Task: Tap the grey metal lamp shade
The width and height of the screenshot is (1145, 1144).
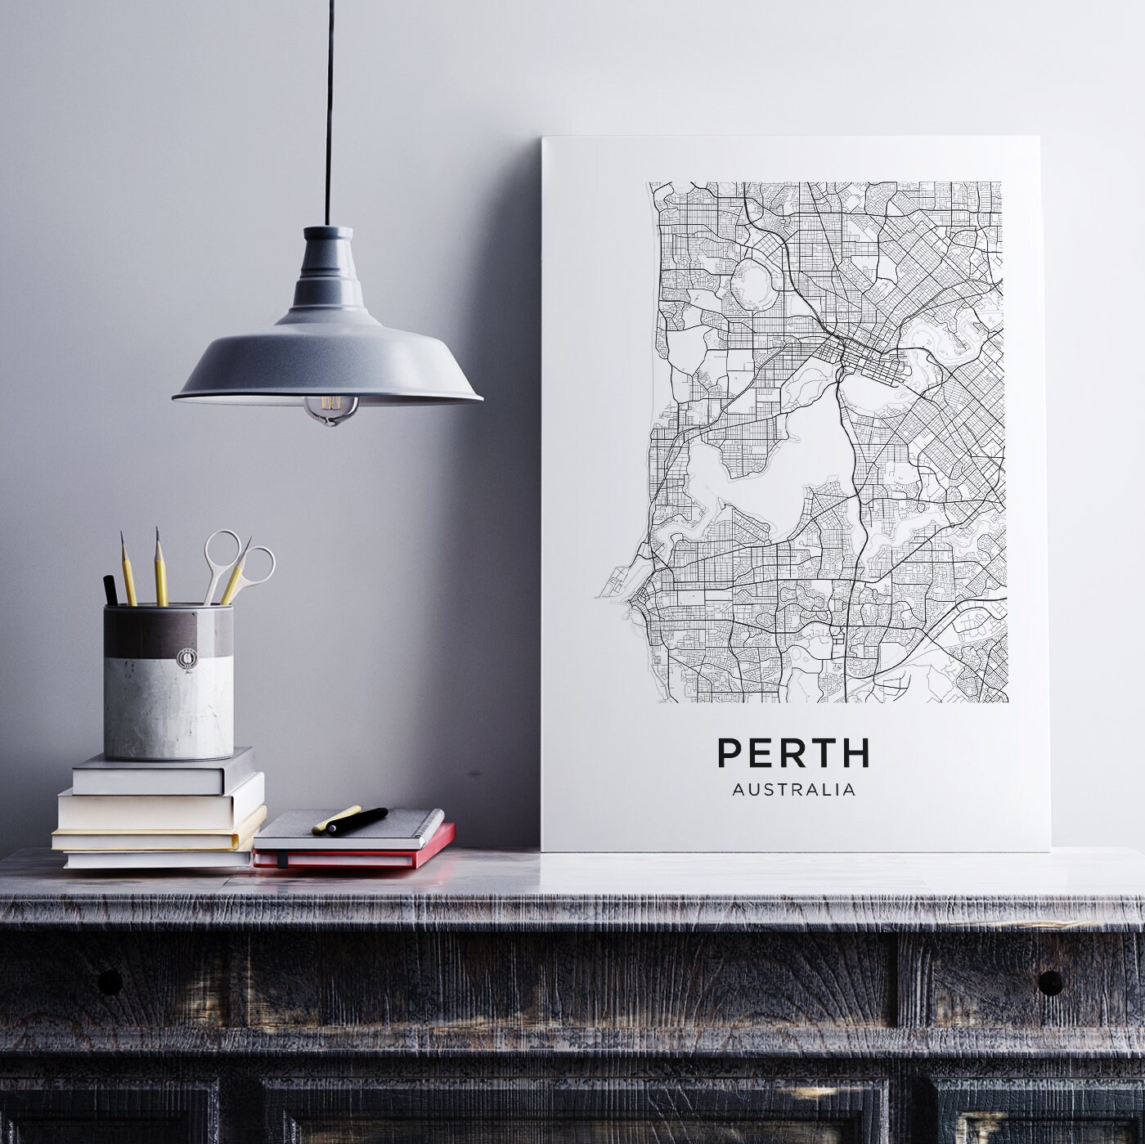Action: pyautogui.click(x=327, y=360)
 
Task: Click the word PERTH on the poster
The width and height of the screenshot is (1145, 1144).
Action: pyautogui.click(x=793, y=753)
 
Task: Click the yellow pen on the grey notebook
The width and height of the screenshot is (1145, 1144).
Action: pyautogui.click(x=335, y=819)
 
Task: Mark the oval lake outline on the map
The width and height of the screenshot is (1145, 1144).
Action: pyautogui.click(x=757, y=286)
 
